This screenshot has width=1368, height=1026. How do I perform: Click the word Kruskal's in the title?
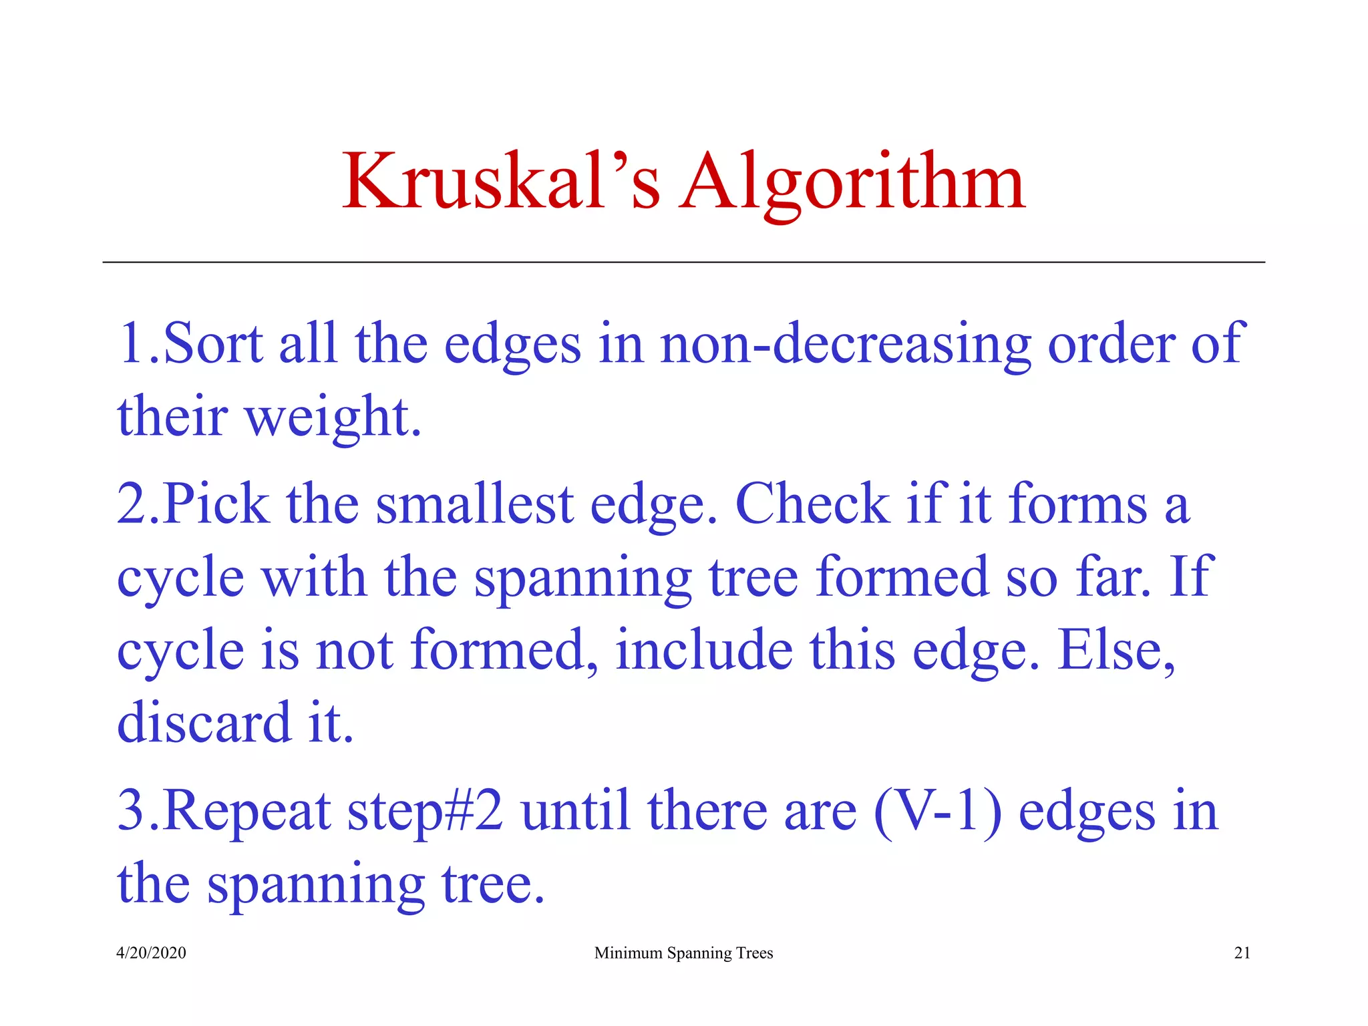(501, 182)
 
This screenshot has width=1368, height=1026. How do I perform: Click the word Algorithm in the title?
(852, 182)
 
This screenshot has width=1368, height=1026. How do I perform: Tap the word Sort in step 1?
(213, 343)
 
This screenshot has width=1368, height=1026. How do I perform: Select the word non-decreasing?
(846, 343)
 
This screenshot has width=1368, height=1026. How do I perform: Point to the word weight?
(333, 417)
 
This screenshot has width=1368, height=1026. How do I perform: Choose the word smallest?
(475, 504)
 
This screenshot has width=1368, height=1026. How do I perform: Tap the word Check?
(812, 504)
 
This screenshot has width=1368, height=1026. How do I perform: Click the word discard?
(204, 723)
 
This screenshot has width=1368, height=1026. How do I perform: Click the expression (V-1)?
(938, 811)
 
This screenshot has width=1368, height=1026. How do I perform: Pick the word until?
(576, 811)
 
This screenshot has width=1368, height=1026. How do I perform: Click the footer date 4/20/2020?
(151, 953)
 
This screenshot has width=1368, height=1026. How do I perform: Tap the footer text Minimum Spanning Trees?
(683, 953)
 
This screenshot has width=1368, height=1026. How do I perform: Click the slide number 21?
(1242, 953)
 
